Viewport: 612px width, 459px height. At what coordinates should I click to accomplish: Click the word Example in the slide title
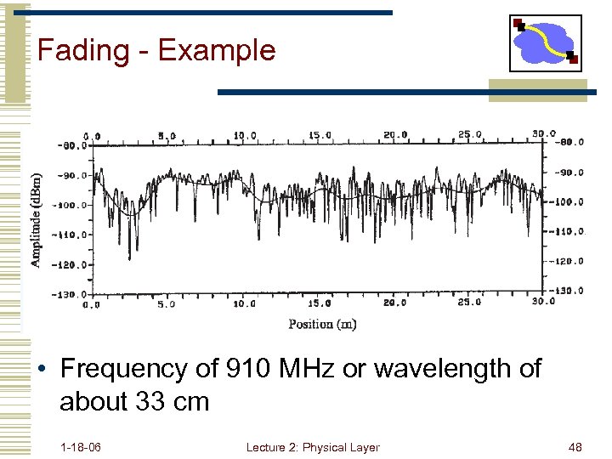217,50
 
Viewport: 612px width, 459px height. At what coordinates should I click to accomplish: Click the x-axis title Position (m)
322,324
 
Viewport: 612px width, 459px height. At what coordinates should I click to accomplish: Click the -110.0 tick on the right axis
569,231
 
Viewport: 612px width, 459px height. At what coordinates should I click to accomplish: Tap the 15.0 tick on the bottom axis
320,303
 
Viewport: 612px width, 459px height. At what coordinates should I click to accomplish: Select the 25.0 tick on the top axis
469,134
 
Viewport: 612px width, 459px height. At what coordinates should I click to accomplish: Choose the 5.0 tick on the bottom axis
167,303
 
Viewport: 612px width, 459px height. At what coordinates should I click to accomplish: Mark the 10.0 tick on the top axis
246,135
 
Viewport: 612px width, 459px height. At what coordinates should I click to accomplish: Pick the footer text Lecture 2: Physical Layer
312,447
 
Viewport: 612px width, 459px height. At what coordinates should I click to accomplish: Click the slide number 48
575,447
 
